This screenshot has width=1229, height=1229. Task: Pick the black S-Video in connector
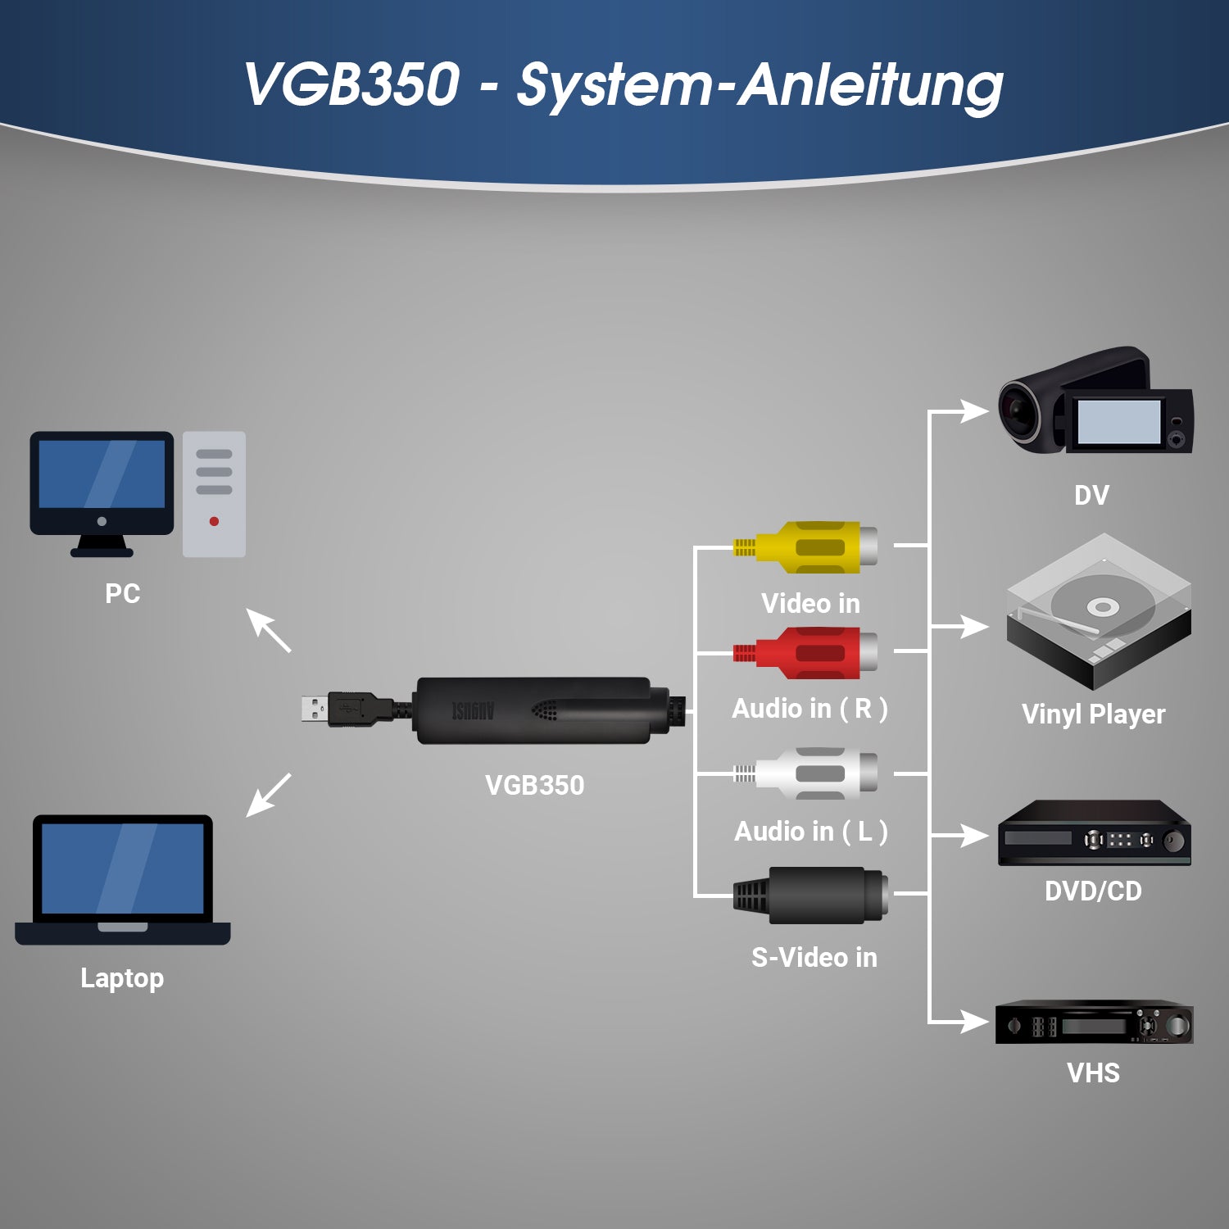(811, 895)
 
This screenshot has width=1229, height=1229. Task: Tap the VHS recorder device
(1094, 1024)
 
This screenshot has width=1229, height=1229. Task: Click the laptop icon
(123, 881)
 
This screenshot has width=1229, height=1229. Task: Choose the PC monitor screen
(102, 475)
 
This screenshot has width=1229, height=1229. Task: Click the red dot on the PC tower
(214, 521)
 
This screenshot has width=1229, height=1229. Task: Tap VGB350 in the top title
(352, 84)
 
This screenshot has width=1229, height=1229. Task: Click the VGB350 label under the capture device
(534, 785)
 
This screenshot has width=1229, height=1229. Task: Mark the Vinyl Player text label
(1093, 714)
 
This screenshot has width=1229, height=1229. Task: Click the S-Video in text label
(814, 957)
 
